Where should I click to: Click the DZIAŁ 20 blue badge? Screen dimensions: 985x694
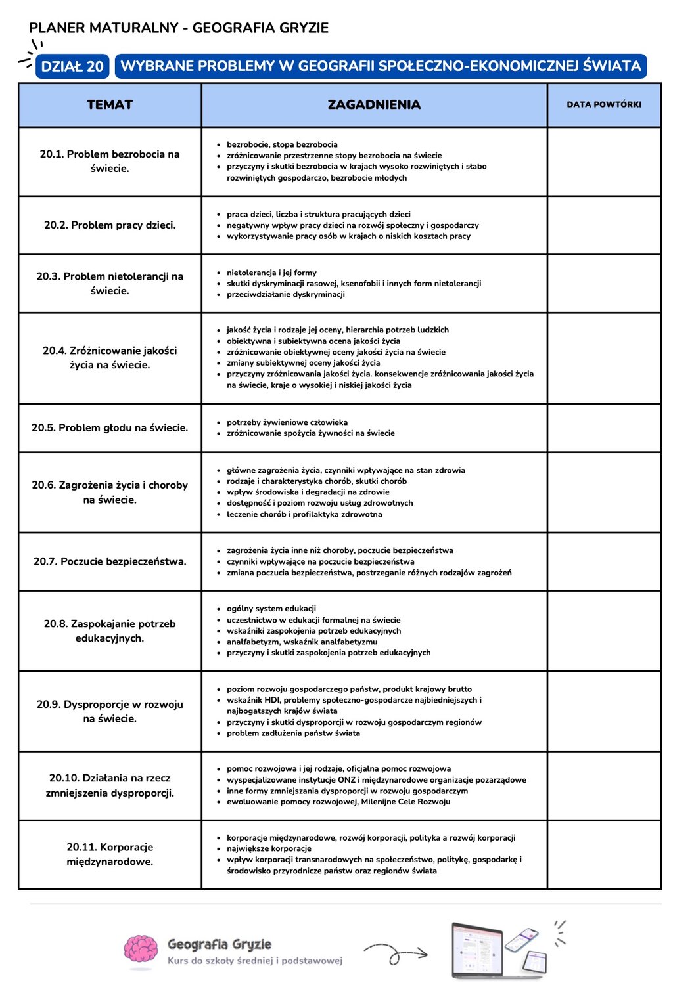pyautogui.click(x=72, y=66)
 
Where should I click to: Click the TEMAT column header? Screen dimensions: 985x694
pyautogui.click(x=110, y=104)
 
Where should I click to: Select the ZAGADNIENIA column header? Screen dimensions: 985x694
pyautogui.click(x=374, y=104)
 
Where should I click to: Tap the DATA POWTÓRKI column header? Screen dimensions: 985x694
pyautogui.click(x=604, y=104)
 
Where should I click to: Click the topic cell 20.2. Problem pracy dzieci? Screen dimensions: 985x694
pyautogui.click(x=110, y=225)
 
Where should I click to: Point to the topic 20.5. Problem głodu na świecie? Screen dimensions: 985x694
pyautogui.click(x=110, y=427)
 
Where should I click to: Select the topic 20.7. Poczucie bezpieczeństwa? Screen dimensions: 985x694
pyautogui.click(x=110, y=561)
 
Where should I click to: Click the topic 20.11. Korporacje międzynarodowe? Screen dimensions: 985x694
pyautogui.click(x=110, y=854)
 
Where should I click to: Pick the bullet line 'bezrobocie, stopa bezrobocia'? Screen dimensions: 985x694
pyautogui.click(x=282, y=144)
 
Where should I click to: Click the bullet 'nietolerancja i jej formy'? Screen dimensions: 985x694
pyautogui.click(x=271, y=273)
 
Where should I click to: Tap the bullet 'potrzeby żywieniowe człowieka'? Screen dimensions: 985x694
pyautogui.click(x=287, y=422)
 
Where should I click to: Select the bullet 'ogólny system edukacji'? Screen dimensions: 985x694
pyautogui.click(x=271, y=609)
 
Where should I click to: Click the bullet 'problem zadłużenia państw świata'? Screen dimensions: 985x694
pyautogui.click(x=293, y=733)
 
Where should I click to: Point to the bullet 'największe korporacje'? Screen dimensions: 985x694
pyautogui.click(x=269, y=848)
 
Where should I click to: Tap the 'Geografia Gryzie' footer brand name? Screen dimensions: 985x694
pyautogui.click(x=220, y=944)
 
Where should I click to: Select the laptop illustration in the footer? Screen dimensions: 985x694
pyautogui.click(x=478, y=950)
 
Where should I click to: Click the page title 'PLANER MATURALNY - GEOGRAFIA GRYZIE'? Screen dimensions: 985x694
pyautogui.click(x=179, y=28)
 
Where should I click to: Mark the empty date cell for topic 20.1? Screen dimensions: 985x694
pyautogui.click(x=604, y=162)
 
